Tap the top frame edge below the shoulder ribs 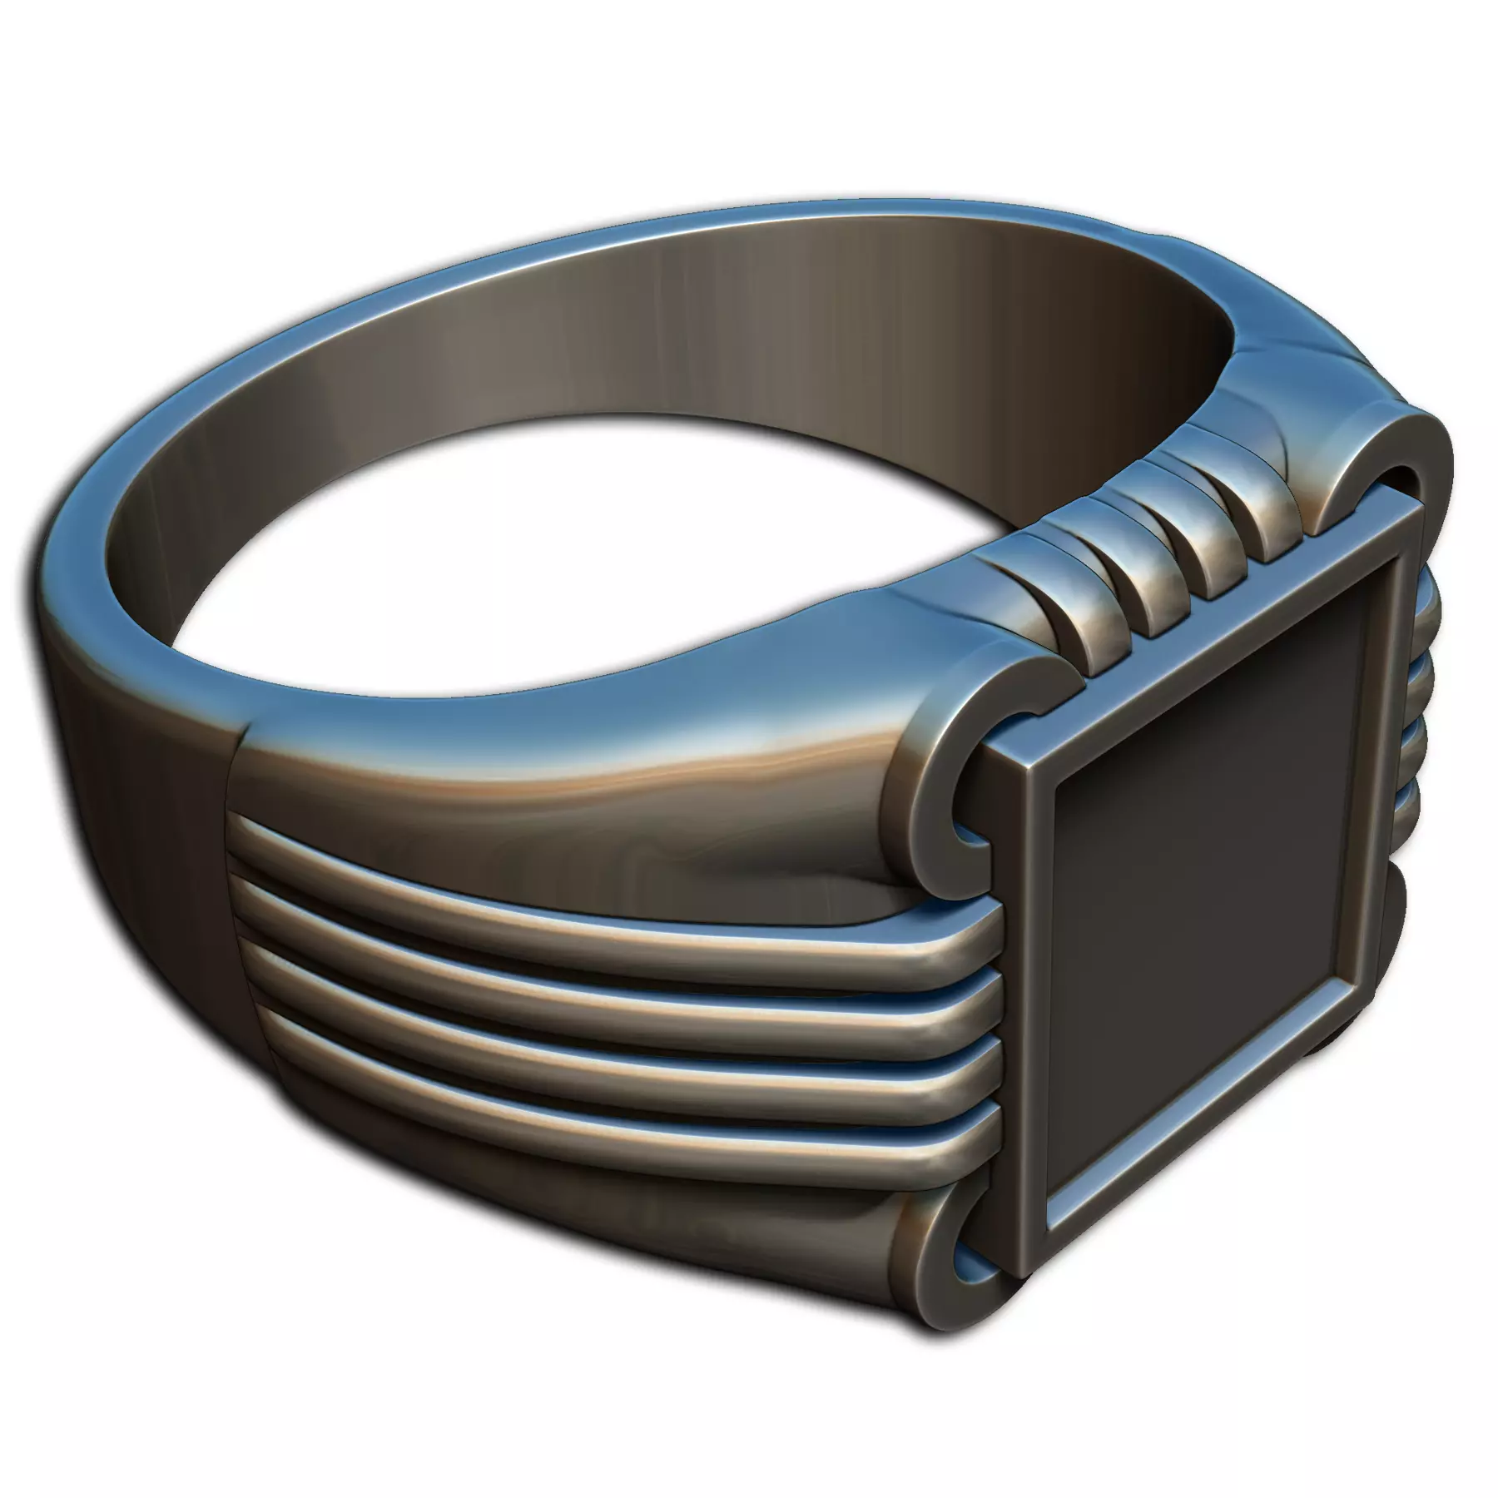(1207, 624)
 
